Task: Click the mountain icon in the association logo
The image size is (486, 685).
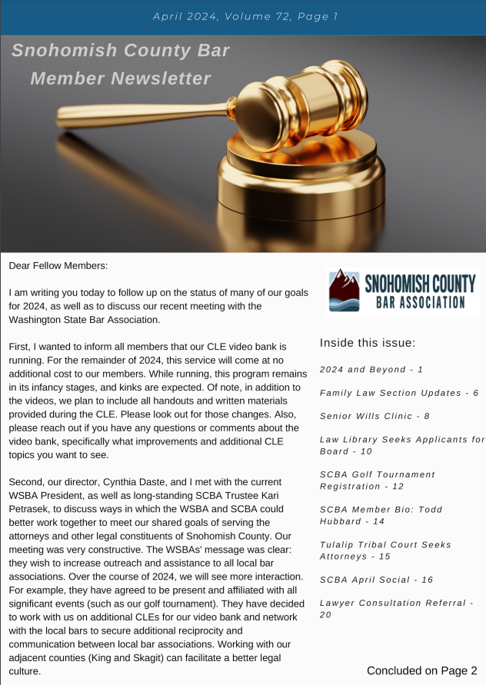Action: click(342, 291)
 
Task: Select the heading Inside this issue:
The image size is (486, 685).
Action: click(368, 342)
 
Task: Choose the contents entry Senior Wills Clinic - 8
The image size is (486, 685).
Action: click(374, 416)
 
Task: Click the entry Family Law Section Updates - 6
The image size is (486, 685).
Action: click(399, 393)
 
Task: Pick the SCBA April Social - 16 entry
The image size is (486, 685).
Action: click(377, 580)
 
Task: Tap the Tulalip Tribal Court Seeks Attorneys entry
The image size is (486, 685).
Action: click(385, 550)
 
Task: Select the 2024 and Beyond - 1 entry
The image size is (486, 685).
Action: click(371, 370)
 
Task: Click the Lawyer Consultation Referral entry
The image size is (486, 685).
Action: click(396, 608)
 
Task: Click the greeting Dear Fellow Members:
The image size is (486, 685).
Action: click(58, 265)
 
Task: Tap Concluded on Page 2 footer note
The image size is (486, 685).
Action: click(421, 670)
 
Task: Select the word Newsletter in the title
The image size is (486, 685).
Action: click(161, 78)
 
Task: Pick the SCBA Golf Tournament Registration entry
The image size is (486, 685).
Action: click(377, 480)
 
